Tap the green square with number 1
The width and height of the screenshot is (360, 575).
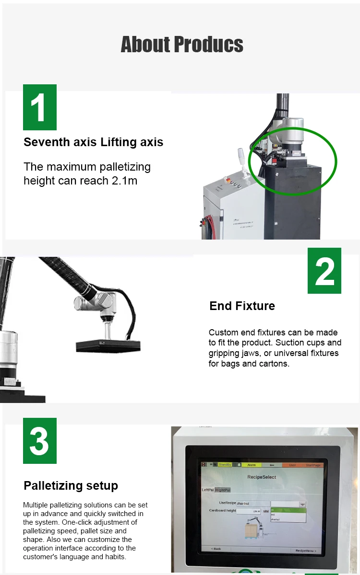40,107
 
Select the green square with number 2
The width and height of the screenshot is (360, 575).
324,271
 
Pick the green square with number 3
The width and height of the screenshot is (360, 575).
40,441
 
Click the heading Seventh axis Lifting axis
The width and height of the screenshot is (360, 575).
94,142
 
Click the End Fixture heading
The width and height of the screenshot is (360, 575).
242,306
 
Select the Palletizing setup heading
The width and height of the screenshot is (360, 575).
71,485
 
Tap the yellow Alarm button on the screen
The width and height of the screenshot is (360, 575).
252,465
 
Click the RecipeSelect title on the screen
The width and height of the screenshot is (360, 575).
262,477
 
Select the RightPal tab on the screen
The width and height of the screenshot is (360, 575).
223,490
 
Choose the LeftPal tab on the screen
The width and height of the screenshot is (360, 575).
208,490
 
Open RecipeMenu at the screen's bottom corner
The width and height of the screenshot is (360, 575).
305,551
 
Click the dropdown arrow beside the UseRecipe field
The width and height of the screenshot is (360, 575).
302,504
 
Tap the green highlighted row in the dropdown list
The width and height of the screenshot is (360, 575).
288,510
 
